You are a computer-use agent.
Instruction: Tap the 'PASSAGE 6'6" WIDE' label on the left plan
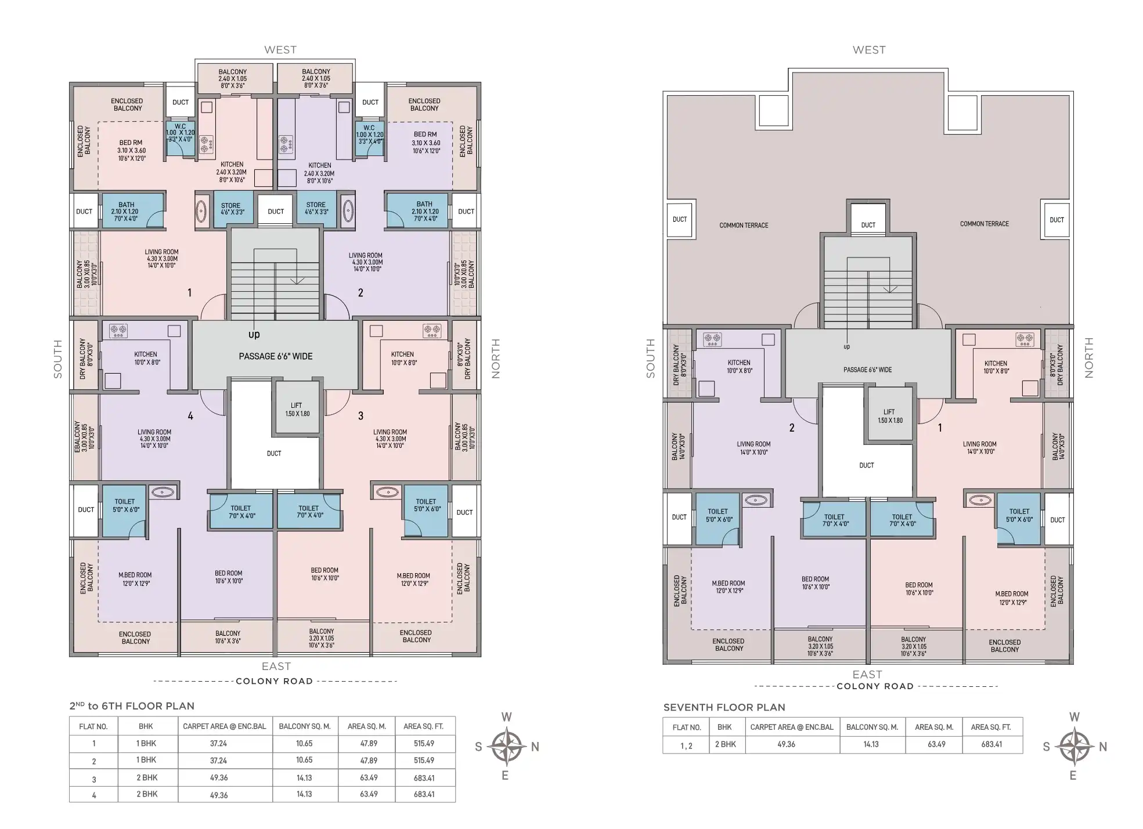pyautogui.click(x=275, y=356)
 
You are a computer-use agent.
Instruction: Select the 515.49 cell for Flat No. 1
pyautogui.click(x=424, y=743)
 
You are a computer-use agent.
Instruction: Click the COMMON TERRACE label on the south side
pyautogui.click(x=743, y=225)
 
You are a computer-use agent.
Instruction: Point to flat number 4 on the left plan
pyautogui.click(x=190, y=415)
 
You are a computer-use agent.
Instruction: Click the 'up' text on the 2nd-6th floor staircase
pyautogui.click(x=254, y=334)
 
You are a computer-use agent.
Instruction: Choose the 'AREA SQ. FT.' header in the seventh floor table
pyautogui.click(x=991, y=726)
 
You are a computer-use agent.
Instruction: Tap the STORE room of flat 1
pyautogui.click(x=230, y=209)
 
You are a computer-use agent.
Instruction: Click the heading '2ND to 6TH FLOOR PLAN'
pyautogui.click(x=132, y=706)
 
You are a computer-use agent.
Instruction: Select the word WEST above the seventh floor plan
pyautogui.click(x=868, y=50)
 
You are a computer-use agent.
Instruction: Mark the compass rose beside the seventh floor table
pyautogui.click(x=1075, y=746)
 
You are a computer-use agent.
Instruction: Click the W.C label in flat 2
pyautogui.click(x=369, y=128)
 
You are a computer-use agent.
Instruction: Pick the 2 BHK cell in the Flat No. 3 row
pyautogui.click(x=147, y=777)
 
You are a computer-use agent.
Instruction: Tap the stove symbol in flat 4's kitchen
pyautogui.click(x=118, y=331)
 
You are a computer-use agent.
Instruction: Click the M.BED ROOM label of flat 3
pyautogui.click(x=413, y=579)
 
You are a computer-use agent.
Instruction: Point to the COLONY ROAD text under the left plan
pyautogui.click(x=274, y=681)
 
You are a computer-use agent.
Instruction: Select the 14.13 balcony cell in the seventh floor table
pyautogui.click(x=871, y=744)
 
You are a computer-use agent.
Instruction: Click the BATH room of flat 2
pyautogui.click(x=424, y=211)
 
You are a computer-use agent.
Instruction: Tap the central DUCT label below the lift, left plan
pyautogui.click(x=274, y=453)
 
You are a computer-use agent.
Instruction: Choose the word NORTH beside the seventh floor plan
pyautogui.click(x=1088, y=357)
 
